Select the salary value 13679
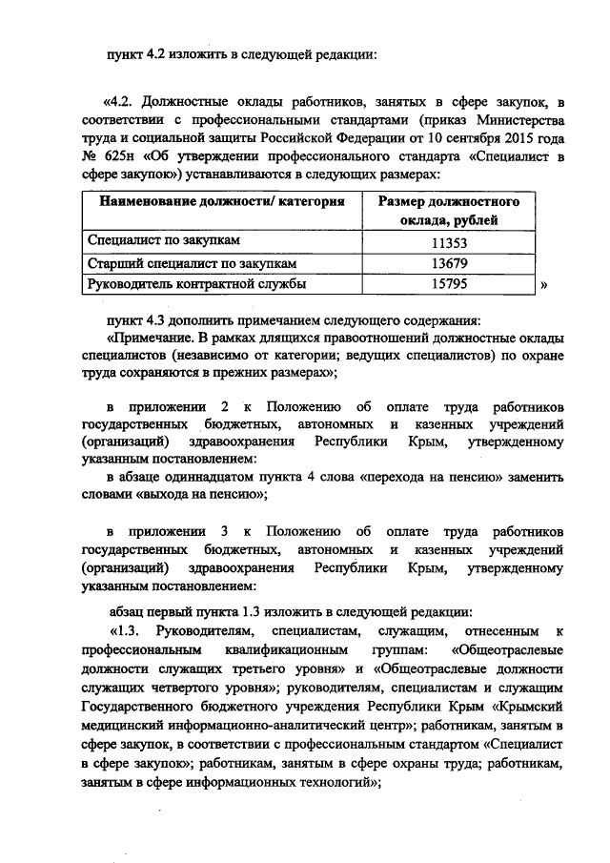449,262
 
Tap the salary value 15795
449,283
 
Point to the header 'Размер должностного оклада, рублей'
449,212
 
